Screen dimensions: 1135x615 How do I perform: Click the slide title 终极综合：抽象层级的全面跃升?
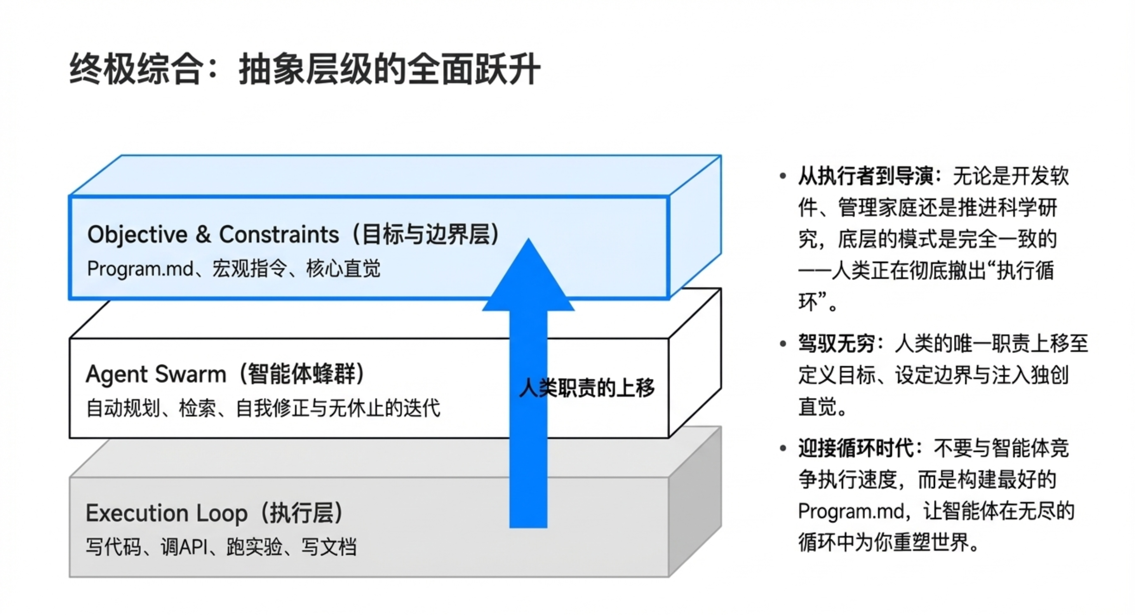(x=305, y=69)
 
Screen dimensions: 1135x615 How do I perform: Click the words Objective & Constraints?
(x=213, y=235)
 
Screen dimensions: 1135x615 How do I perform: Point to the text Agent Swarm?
(x=155, y=374)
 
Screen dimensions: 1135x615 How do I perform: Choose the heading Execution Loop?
(x=167, y=513)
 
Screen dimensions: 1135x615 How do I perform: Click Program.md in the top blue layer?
(x=140, y=269)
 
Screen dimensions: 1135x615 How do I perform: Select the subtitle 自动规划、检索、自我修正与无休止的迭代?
(x=263, y=408)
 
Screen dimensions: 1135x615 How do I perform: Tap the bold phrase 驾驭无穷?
(x=836, y=344)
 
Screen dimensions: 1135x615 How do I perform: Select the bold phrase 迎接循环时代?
(x=856, y=448)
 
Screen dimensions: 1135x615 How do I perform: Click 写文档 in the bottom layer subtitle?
(x=329, y=547)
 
